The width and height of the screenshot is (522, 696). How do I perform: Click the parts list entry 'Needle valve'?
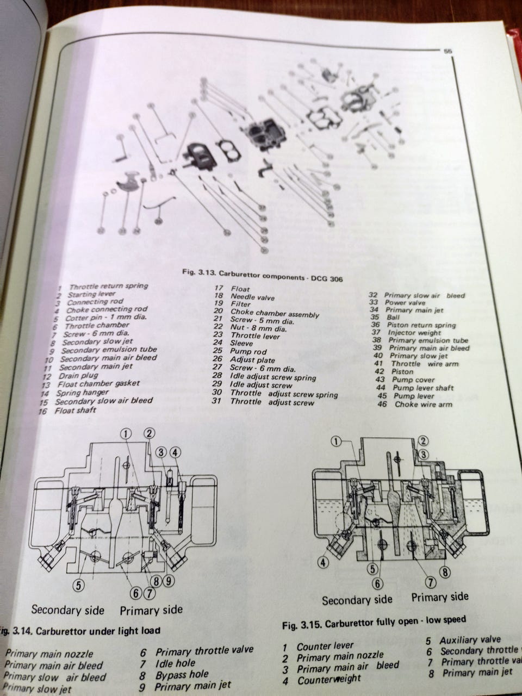pyautogui.click(x=253, y=297)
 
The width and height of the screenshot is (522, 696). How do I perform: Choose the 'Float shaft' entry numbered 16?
pyautogui.click(x=75, y=411)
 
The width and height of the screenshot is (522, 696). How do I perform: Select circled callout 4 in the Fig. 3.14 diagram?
pyautogui.click(x=175, y=452)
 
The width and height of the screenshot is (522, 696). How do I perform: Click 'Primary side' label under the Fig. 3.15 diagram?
pyautogui.click(x=439, y=598)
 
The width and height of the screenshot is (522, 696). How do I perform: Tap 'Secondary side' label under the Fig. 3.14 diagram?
pyautogui.click(x=67, y=610)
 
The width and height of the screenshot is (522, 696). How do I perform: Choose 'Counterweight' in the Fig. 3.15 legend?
pyautogui.click(x=328, y=679)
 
